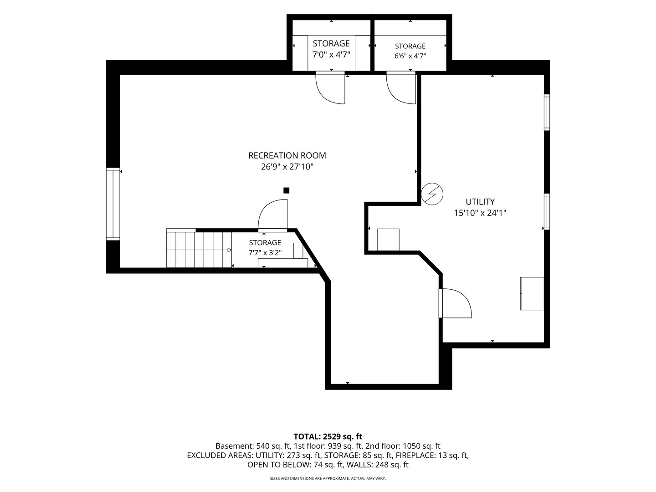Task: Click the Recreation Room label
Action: (x=287, y=156)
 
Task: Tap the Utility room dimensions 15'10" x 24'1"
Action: (x=480, y=213)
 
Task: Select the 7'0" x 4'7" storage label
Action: (x=331, y=55)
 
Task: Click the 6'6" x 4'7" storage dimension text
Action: (x=410, y=56)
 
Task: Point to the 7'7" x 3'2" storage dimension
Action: (x=265, y=253)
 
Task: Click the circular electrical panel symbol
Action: (x=432, y=194)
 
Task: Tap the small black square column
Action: (x=286, y=190)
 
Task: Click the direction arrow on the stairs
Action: (x=229, y=250)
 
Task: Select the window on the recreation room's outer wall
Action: (x=113, y=205)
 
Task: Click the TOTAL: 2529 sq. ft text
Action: (x=328, y=437)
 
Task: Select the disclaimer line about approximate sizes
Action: (x=328, y=478)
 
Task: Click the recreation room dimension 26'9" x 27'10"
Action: (x=287, y=167)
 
